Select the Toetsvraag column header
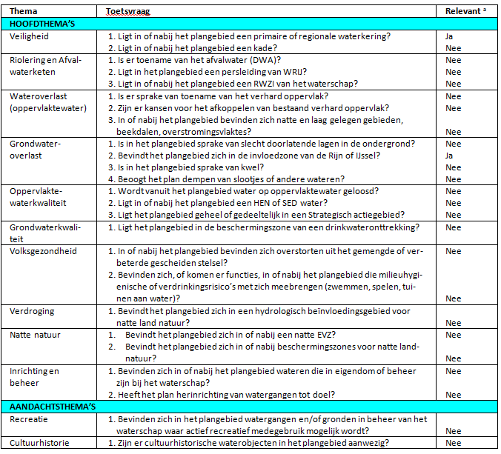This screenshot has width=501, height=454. tap(122, 12)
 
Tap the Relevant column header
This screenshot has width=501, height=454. tap(465, 12)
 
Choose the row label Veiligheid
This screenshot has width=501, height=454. tap(30, 36)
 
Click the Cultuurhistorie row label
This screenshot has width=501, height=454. tap(39, 443)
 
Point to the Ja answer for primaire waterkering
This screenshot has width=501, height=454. tap(450, 36)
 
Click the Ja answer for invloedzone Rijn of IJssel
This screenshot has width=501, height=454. tap(450, 156)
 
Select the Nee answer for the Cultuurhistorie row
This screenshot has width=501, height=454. tap(451, 443)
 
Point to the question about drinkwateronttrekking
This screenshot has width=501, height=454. tap(263, 227)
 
